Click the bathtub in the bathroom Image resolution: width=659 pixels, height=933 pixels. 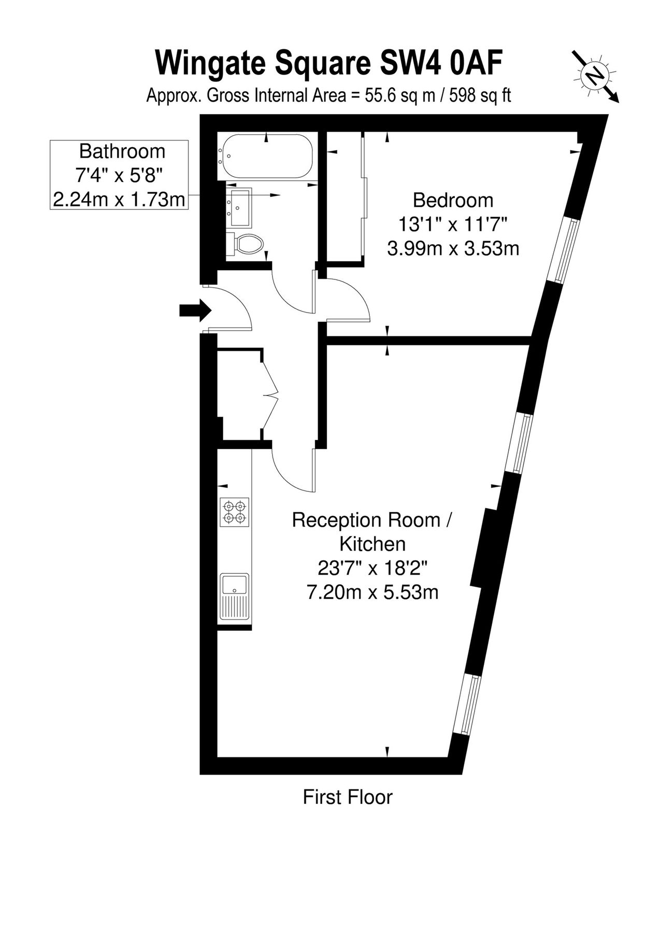266,156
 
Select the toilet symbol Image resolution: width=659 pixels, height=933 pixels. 246,244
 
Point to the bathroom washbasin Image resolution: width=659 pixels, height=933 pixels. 239,207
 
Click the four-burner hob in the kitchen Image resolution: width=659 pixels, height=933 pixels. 235,512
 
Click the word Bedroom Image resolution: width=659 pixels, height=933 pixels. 453,200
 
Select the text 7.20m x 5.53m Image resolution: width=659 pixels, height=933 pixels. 373,592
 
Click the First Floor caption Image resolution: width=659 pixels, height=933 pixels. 348,797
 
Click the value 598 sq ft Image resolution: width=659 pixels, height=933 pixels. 480,95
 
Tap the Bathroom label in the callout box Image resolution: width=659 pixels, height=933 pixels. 122,151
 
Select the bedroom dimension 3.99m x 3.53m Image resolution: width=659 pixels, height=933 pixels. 453,249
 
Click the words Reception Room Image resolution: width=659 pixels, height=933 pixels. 366,520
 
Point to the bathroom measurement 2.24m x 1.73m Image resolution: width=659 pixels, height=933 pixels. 119,200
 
